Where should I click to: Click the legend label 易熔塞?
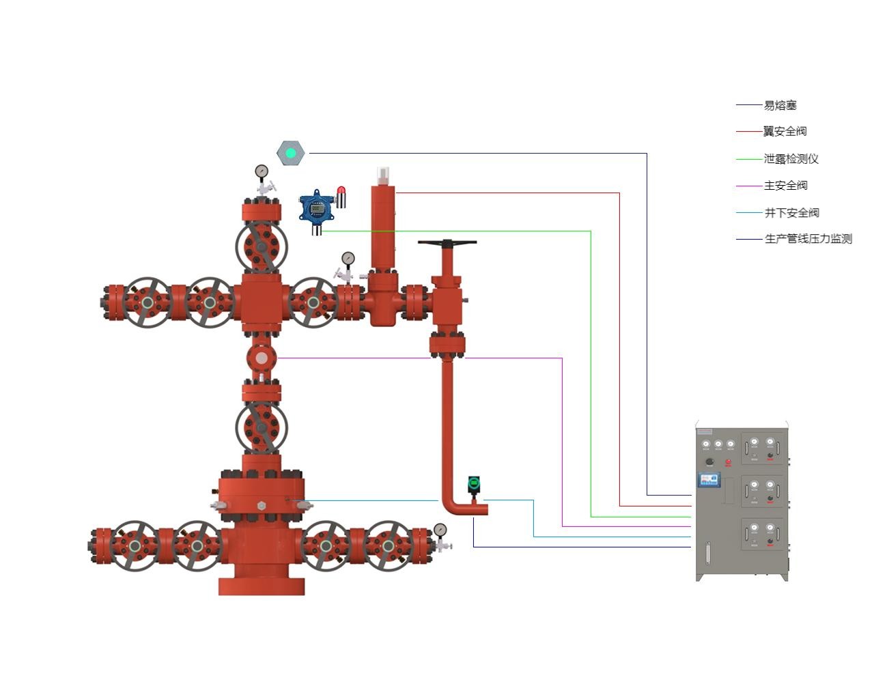780,105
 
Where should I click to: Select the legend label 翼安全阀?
785,131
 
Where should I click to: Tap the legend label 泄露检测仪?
791,159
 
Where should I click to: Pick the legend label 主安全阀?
785,186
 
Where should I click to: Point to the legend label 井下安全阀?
791,213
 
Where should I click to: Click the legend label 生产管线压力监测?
808,239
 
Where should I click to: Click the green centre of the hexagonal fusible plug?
291,153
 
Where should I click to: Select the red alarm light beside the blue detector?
341,197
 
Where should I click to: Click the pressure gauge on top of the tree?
262,171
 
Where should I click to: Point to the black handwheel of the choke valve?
447,242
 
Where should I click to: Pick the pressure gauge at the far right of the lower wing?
440,530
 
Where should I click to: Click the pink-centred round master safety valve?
262,357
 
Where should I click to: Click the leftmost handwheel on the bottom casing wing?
135,545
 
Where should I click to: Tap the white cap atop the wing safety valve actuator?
383,174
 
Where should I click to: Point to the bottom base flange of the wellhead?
262,586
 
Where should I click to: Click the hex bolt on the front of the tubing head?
262,506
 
